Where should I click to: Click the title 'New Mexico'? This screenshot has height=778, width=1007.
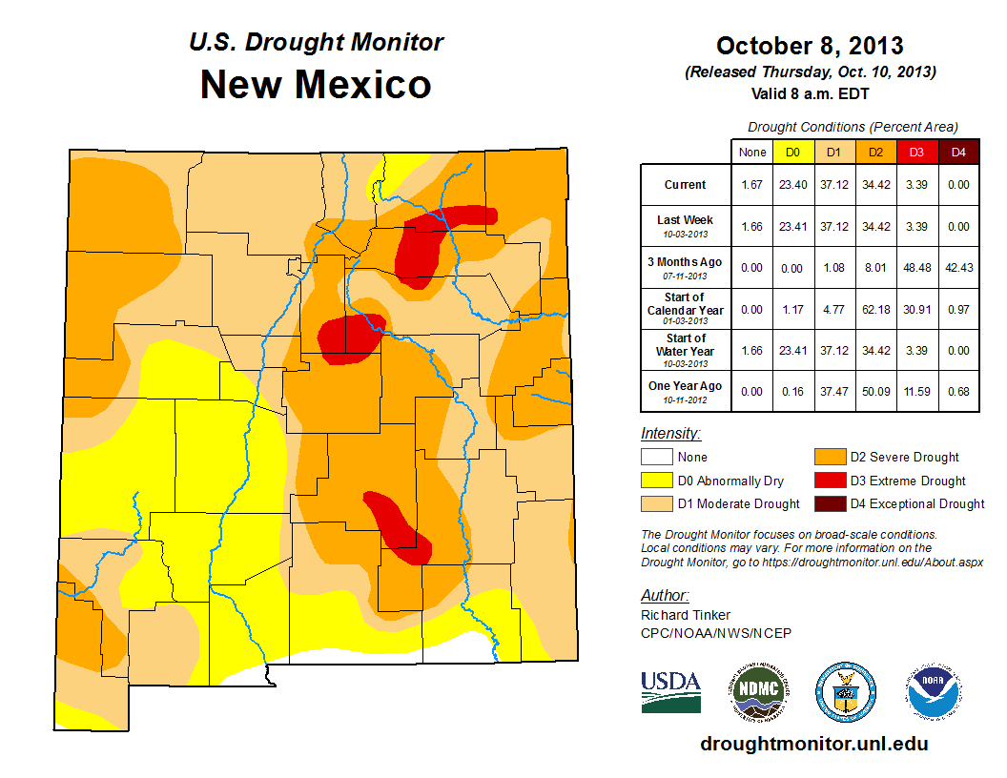click(x=316, y=85)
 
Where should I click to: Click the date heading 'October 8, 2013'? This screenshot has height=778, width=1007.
click(x=810, y=46)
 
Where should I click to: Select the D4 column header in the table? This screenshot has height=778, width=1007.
click(x=959, y=152)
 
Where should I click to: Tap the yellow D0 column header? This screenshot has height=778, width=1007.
click(x=792, y=152)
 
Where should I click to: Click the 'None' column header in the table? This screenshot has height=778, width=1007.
click(x=752, y=152)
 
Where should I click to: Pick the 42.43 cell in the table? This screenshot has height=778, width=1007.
click(x=959, y=268)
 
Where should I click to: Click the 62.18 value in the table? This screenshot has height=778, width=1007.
click(x=876, y=310)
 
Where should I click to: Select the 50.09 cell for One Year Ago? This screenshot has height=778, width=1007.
click(x=876, y=392)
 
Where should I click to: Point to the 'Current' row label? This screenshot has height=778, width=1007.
click(x=686, y=185)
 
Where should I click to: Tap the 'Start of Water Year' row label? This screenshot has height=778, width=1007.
click(x=686, y=350)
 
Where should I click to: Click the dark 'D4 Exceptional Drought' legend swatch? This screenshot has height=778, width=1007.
click(x=828, y=504)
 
